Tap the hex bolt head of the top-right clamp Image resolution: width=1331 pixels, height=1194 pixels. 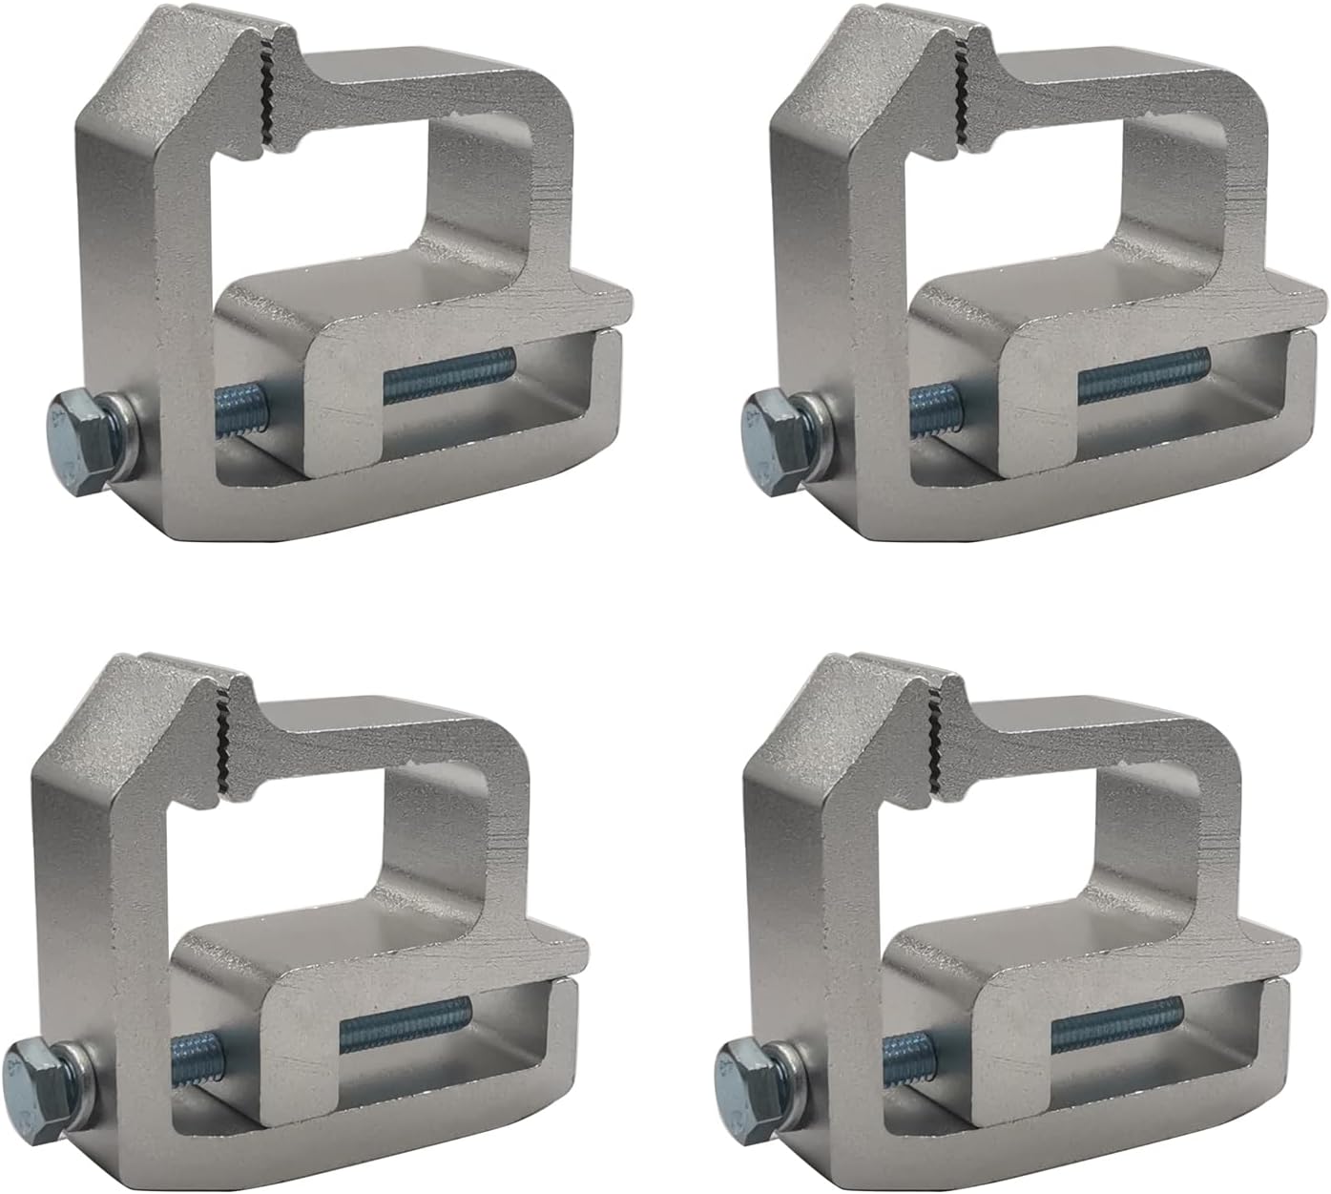coord(767,421)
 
